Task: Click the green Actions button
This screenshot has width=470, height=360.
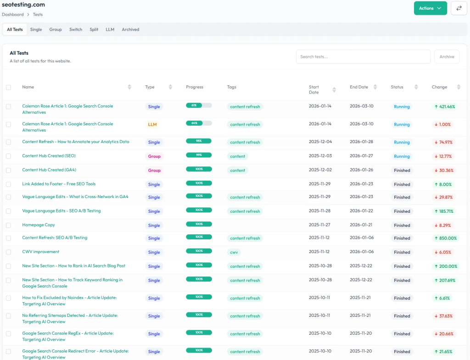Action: (x=430, y=8)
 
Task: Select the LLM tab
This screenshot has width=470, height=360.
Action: (x=110, y=29)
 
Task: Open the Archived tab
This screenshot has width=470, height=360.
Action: (x=130, y=29)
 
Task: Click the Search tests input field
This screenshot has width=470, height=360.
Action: (x=363, y=57)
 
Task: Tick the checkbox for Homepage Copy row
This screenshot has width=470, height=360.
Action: (x=8, y=225)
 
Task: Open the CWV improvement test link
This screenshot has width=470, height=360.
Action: (x=41, y=252)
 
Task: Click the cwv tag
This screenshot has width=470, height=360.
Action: (x=234, y=252)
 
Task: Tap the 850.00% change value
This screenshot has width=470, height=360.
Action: (x=445, y=238)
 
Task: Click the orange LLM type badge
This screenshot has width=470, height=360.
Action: (x=152, y=125)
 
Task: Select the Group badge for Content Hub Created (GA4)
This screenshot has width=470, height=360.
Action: (x=154, y=171)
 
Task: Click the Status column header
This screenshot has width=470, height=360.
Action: (x=397, y=87)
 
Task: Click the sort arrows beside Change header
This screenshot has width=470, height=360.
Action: (x=458, y=87)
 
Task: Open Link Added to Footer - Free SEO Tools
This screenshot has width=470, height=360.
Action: (x=59, y=184)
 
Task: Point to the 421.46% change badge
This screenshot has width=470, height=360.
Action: (x=445, y=107)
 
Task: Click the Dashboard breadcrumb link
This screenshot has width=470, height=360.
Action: (x=13, y=15)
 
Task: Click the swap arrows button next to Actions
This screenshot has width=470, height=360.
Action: (x=459, y=8)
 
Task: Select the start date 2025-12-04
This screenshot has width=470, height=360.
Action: (x=320, y=142)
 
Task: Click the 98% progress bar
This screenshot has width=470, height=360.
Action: (x=199, y=141)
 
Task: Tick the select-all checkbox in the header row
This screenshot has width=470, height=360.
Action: (x=8, y=87)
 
